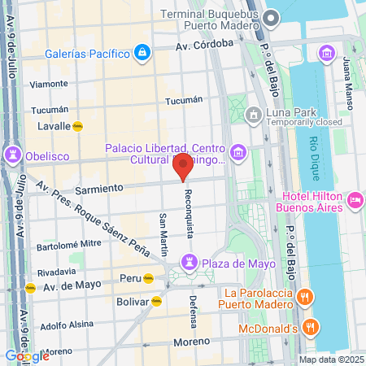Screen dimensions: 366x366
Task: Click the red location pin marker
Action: pyautogui.click(x=183, y=167)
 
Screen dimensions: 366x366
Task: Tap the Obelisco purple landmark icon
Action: pyautogui.click(x=14, y=155)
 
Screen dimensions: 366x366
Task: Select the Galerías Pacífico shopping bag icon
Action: pyautogui.click(x=142, y=54)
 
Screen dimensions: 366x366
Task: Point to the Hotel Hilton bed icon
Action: pyautogui.click(x=355, y=199)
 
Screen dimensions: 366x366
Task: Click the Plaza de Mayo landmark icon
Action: pyautogui.click(x=189, y=263)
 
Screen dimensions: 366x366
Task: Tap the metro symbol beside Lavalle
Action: pyautogui.click(x=79, y=126)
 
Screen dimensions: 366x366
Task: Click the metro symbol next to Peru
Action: pyautogui.click(x=148, y=278)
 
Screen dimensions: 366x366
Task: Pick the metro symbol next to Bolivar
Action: pyautogui.click(x=156, y=301)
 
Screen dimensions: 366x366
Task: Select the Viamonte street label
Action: pyautogui.click(x=49, y=84)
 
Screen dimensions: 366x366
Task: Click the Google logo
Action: pyautogui.click(x=27, y=355)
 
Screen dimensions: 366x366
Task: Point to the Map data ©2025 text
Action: pyautogui.click(x=329, y=359)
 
